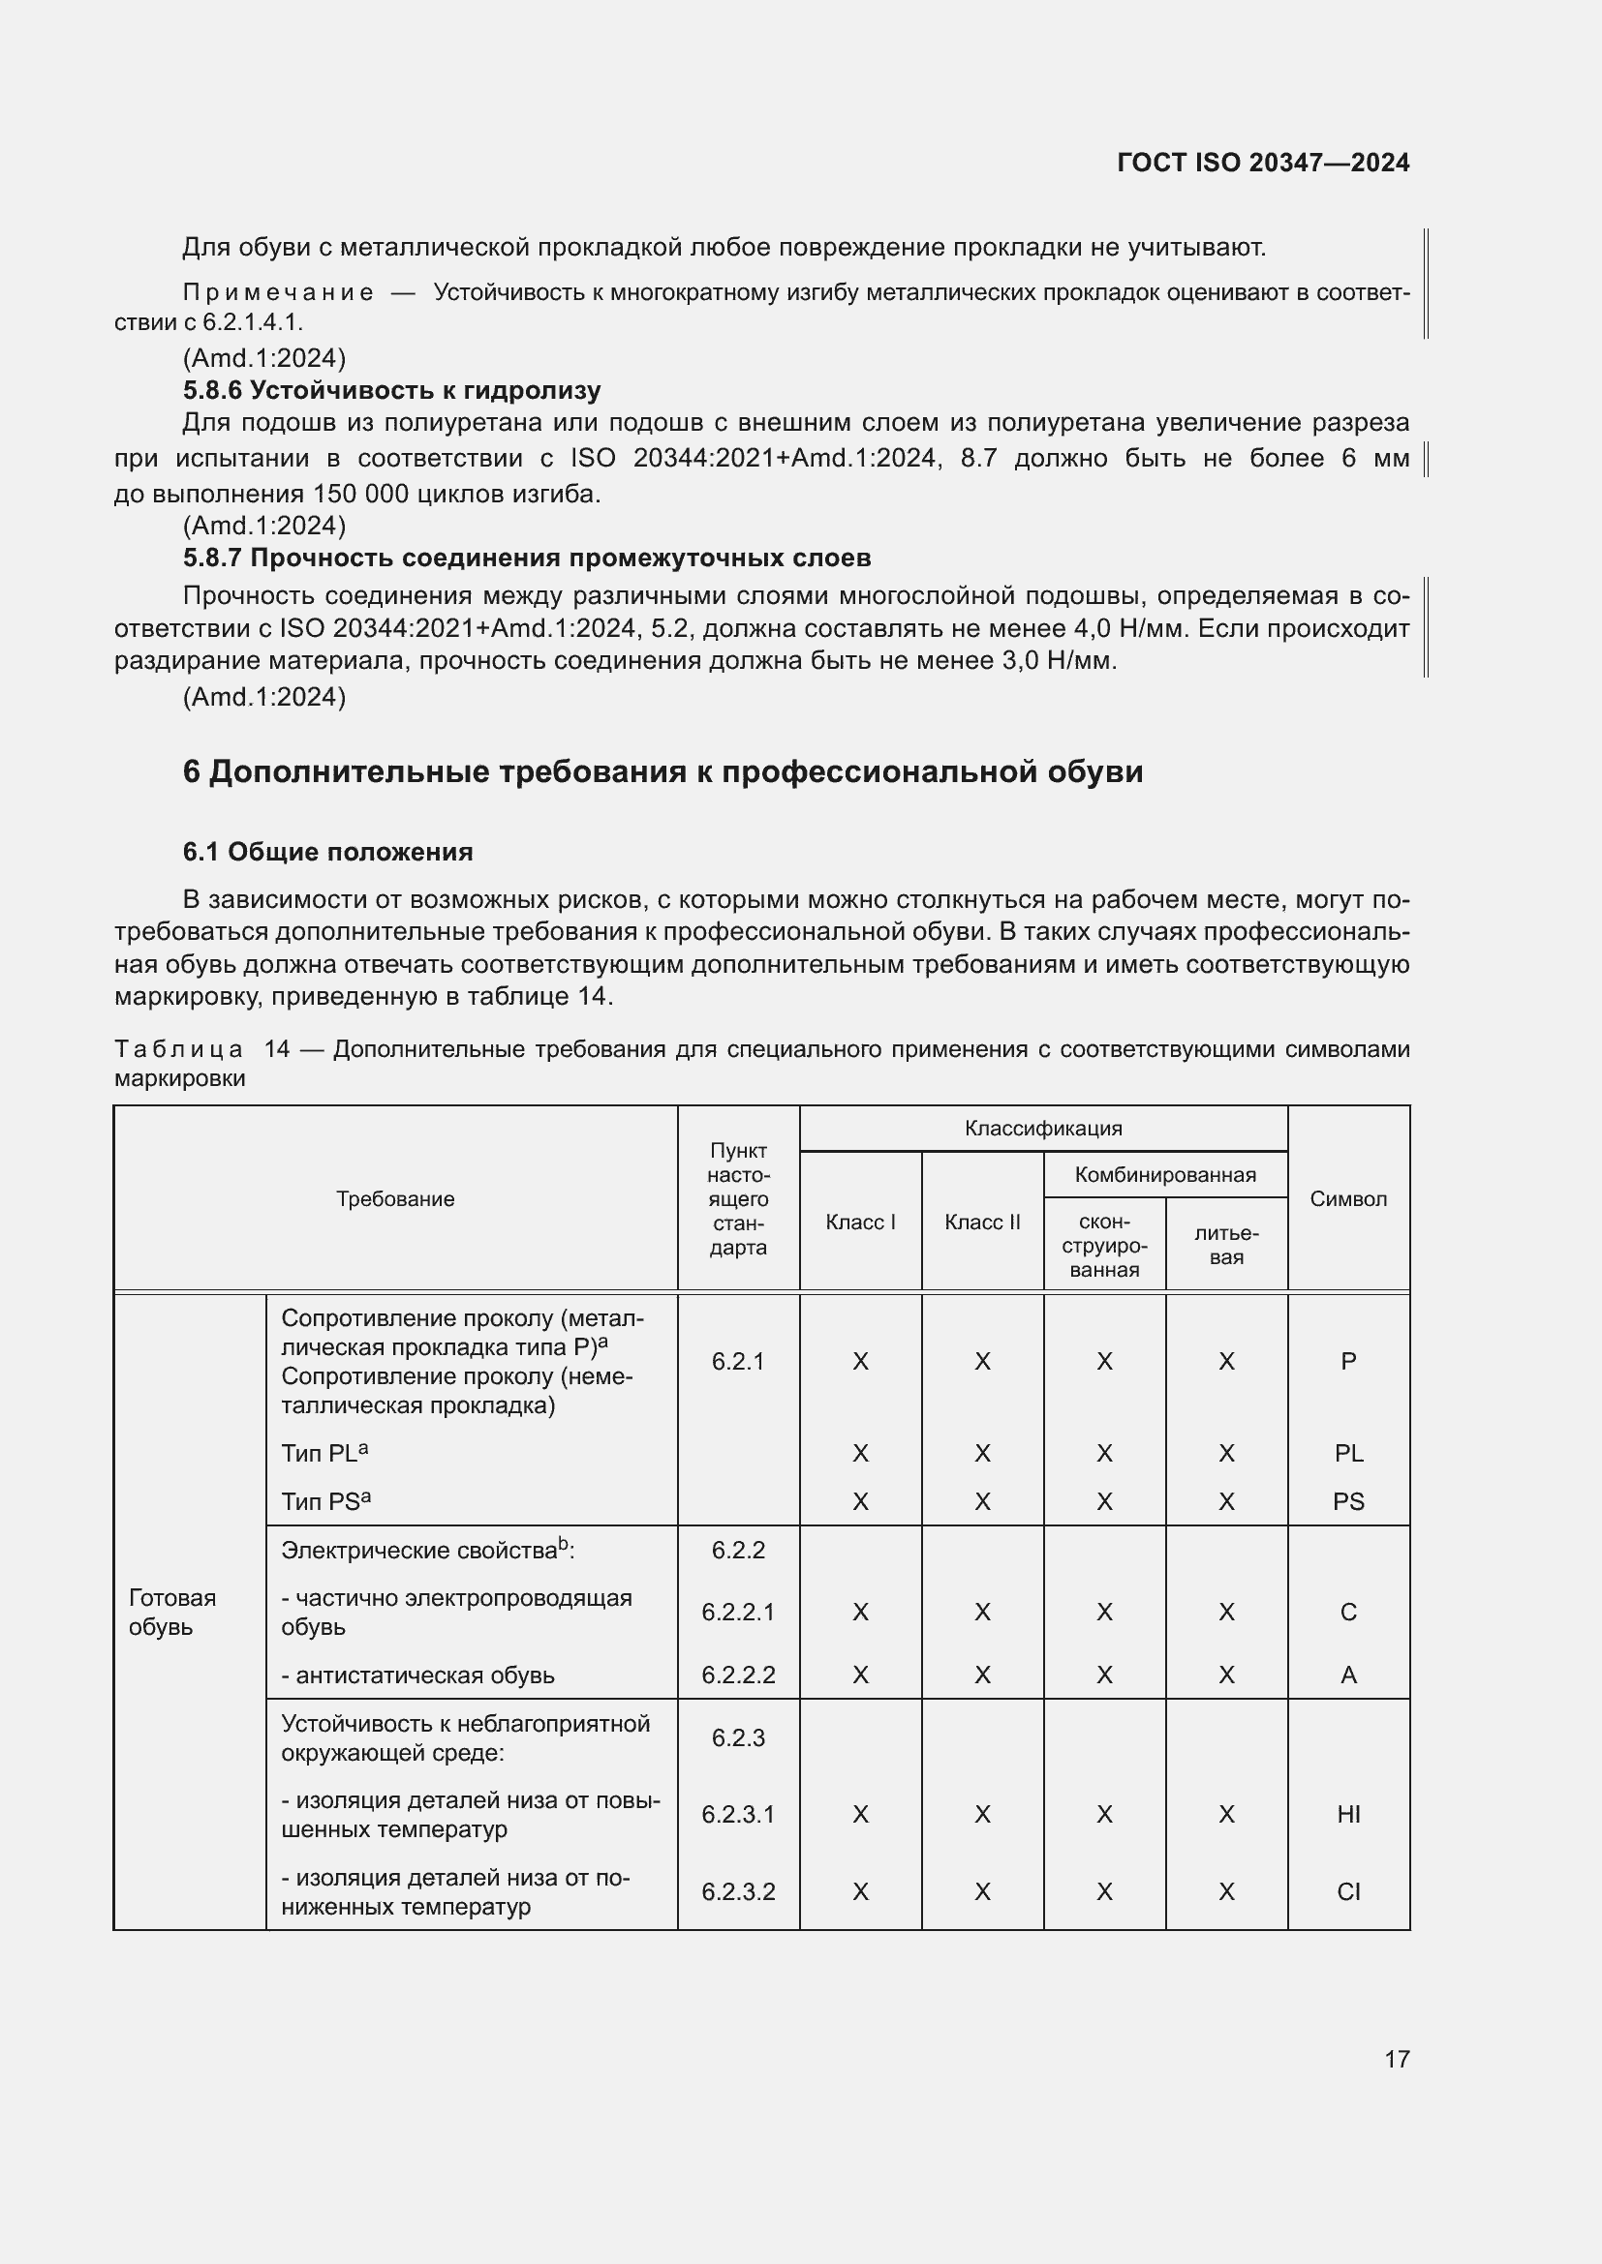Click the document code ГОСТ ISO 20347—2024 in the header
1263,163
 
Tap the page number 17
1397,2059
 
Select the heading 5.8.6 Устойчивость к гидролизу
391,390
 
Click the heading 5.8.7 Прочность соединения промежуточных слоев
527,558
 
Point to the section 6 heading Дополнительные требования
662,771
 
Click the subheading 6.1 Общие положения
327,852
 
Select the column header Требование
394,1199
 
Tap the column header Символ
1347,1199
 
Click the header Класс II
981,1223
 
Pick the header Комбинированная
1165,1175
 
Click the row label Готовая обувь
171,1612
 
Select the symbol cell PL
1347,1454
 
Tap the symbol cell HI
1347,1814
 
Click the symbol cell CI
1347,1891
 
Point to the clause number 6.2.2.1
738,1613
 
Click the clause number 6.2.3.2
738,1891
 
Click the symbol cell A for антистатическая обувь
1347,1675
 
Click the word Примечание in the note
278,293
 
